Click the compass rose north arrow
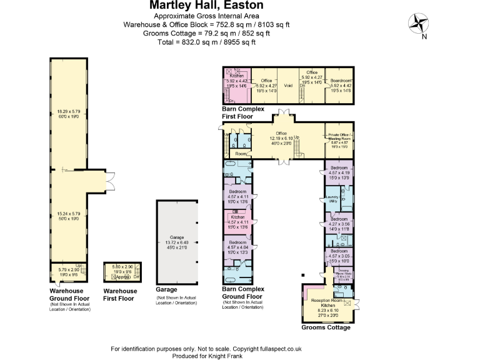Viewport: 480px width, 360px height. (x=418, y=24)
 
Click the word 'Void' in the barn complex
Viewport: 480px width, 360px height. (x=289, y=86)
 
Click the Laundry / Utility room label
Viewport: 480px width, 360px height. (x=332, y=198)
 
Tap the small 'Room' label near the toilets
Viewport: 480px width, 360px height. (x=241, y=152)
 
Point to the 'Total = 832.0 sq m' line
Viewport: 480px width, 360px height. (x=207, y=42)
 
